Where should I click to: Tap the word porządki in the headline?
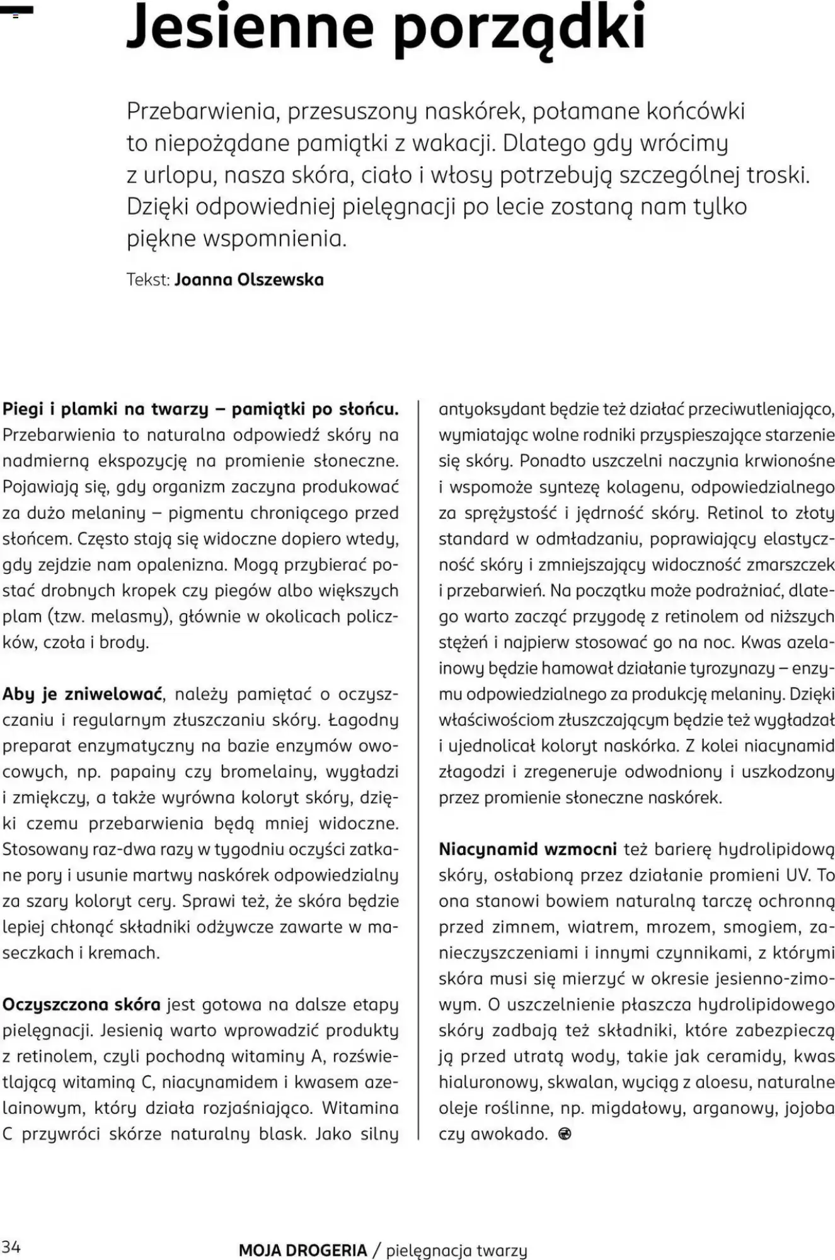[x=519, y=29]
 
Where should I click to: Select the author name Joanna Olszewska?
[x=249, y=280]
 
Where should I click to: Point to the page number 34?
[x=11, y=1246]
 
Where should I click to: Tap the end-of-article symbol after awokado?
[x=565, y=1134]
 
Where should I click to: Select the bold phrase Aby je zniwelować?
[x=83, y=694]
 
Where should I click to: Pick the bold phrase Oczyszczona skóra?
[x=81, y=1004]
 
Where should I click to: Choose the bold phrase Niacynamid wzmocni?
[x=527, y=849]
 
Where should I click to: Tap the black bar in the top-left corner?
[x=16, y=11]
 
